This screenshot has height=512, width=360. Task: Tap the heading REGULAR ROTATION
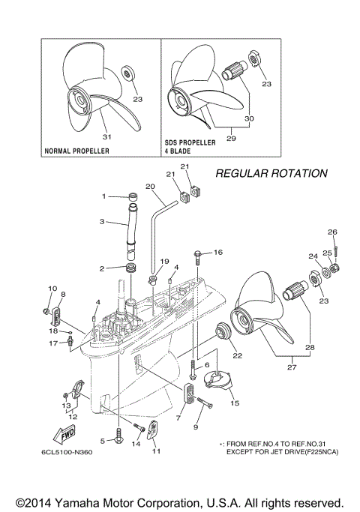[271, 173]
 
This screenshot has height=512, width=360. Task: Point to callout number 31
[106, 136]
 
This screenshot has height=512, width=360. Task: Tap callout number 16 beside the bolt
[219, 253]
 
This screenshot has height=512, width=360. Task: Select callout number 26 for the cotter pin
[333, 232]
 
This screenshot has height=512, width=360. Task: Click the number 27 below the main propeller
[291, 367]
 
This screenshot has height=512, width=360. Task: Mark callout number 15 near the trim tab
[235, 403]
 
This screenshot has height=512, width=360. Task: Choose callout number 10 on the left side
[52, 289]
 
